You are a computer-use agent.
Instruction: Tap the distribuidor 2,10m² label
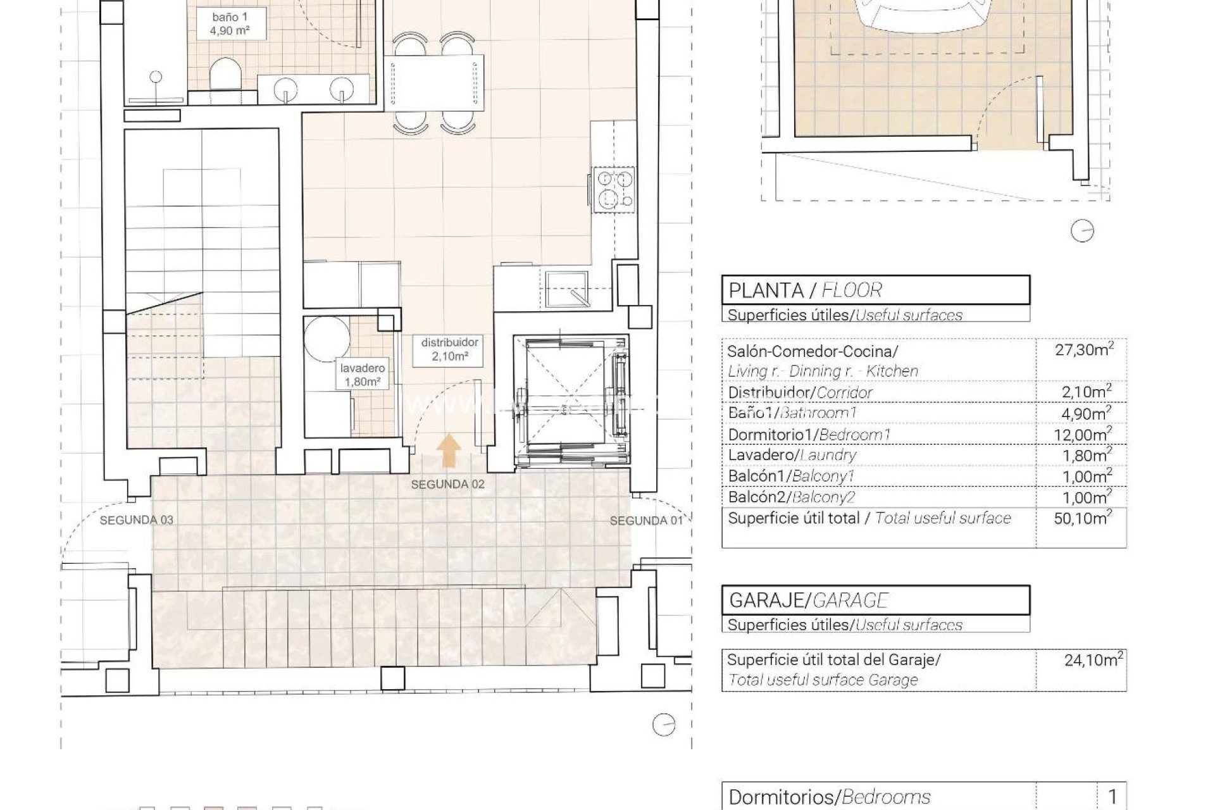[449, 349]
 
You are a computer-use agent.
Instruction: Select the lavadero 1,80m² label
[362, 375]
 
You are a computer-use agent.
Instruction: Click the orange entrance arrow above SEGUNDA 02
[449, 451]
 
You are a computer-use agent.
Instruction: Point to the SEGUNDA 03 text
[136, 520]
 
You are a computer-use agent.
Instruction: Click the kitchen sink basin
[566, 289]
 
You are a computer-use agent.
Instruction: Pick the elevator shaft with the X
[570, 401]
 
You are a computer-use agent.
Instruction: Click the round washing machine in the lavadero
[327, 339]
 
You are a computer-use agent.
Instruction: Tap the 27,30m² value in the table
[1084, 350]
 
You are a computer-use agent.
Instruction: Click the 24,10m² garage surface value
[1093, 660]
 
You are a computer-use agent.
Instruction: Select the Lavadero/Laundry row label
[792, 455]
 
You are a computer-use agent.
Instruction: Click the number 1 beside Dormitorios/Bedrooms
[1112, 797]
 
